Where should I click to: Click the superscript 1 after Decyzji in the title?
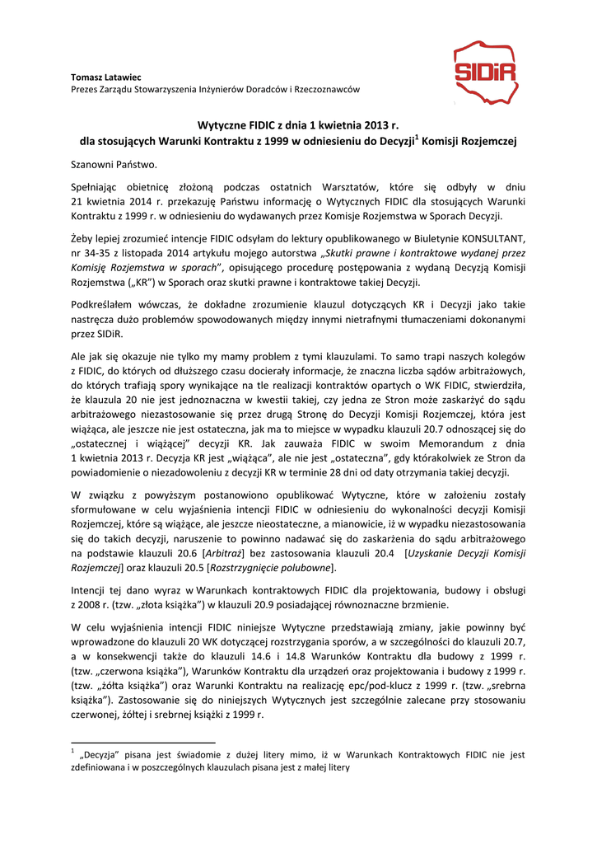click(417, 137)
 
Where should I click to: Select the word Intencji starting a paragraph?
click(91, 591)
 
